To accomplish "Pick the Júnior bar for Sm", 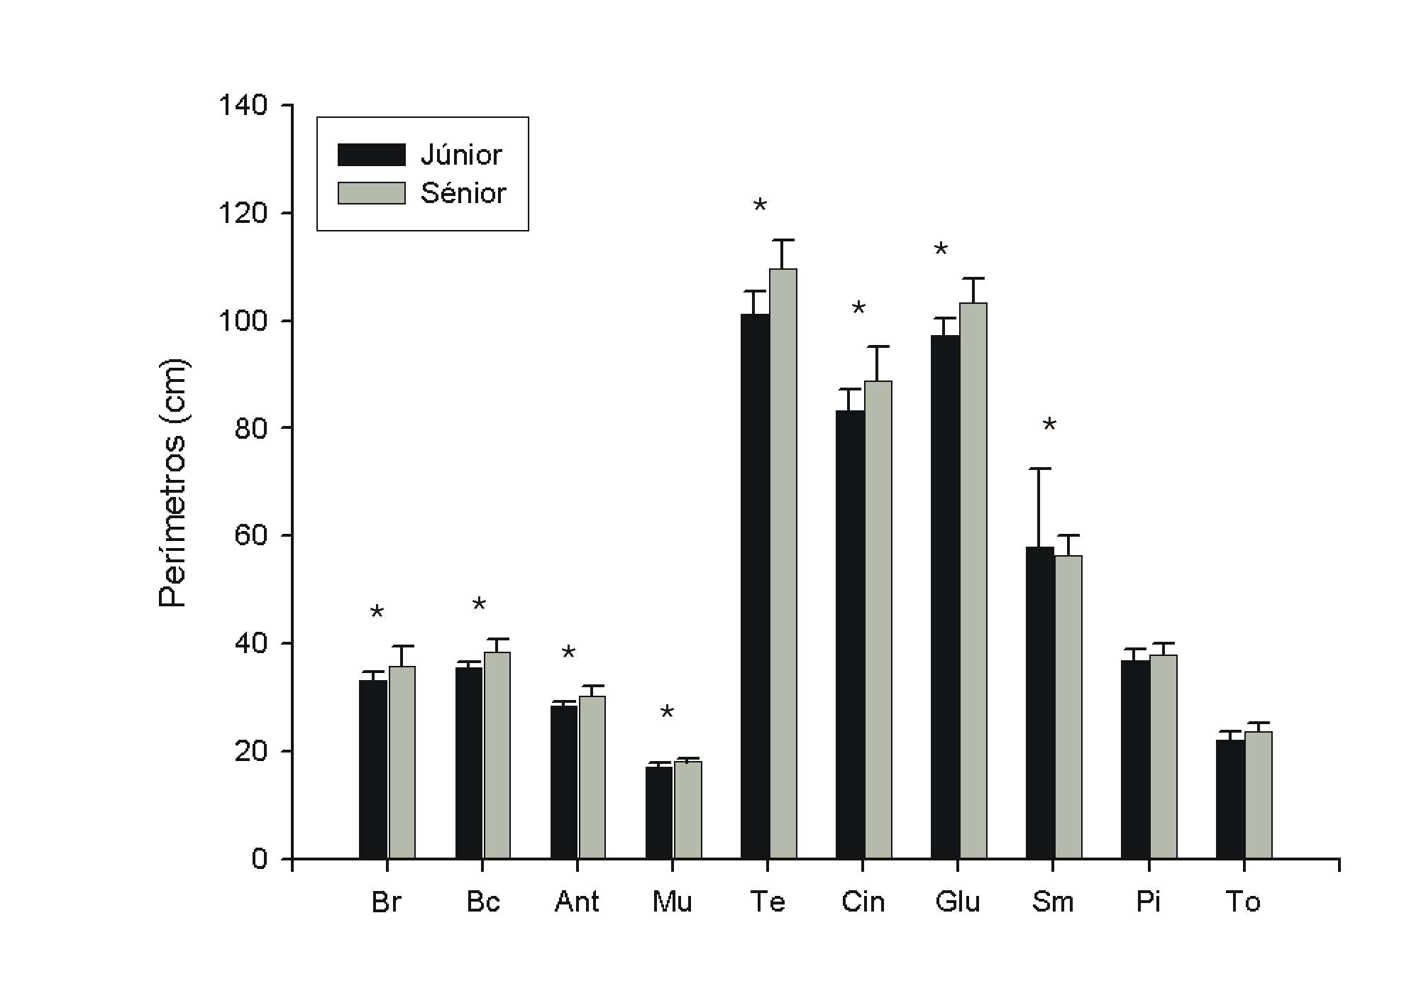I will tap(1040, 703).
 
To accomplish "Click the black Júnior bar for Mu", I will tap(659, 813).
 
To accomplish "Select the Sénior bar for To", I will tap(1259, 795).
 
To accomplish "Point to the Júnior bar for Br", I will tap(373, 770).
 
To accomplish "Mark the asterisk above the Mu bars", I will tap(667, 713).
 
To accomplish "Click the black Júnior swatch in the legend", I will tap(371, 155).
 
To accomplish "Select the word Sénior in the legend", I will tap(463, 193).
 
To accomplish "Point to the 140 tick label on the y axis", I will tap(243, 106).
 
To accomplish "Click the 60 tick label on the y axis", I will tap(251, 535).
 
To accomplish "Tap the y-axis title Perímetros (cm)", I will tap(172, 483).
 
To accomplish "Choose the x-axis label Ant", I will tap(577, 902).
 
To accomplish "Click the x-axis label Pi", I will tap(1148, 902).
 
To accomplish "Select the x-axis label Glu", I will tap(958, 902).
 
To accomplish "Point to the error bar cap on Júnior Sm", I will tap(1039, 469).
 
